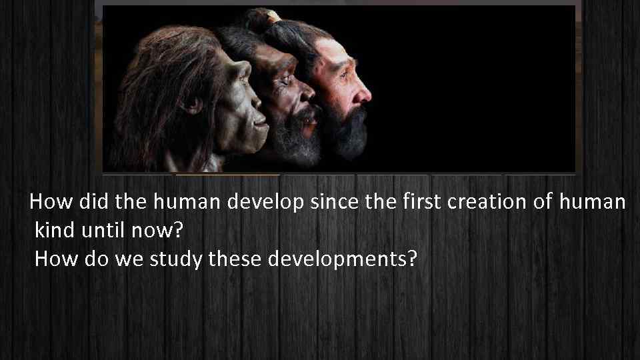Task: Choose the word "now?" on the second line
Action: (x=159, y=231)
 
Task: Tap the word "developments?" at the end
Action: (x=341, y=259)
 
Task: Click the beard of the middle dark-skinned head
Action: (x=293, y=137)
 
